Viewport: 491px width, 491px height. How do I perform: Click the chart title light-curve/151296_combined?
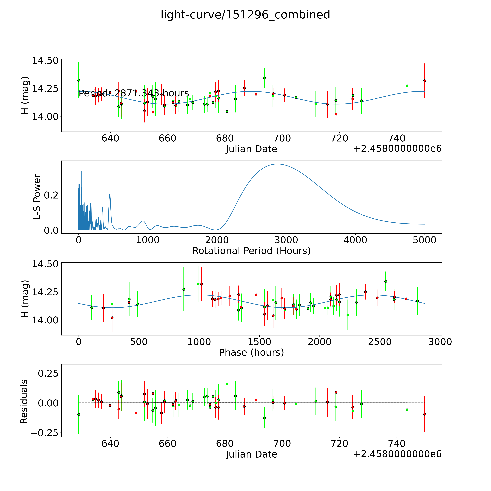pyautogui.click(x=245, y=15)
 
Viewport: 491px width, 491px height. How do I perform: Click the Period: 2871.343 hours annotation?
pyautogui.click(x=134, y=93)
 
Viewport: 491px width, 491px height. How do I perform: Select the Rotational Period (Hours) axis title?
pyautogui.click(x=251, y=251)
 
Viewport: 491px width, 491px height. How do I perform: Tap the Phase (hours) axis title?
pyautogui.click(x=251, y=353)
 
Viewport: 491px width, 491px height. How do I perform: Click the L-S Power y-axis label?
pyautogui.click(x=37, y=197)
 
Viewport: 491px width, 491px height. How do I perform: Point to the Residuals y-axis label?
pyautogui.click(x=24, y=402)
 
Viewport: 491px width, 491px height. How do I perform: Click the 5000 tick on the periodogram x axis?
pyautogui.click(x=424, y=240)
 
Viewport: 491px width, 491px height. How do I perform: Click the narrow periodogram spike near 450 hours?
pyautogui.click(x=110, y=194)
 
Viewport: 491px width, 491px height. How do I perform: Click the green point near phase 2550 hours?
pyautogui.click(x=386, y=281)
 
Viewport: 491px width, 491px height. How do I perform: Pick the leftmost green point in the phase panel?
pyautogui.click(x=92, y=308)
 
